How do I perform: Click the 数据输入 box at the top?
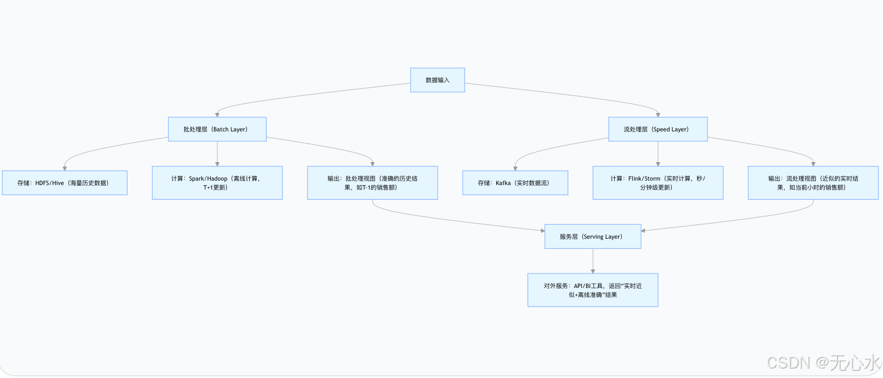[x=438, y=80]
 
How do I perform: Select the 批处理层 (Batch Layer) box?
[x=217, y=129]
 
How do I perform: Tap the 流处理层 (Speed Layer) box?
[x=657, y=129]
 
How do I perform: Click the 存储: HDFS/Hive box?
[x=65, y=183]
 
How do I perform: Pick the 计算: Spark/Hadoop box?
[x=217, y=183]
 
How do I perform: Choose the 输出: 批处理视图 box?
[x=372, y=183]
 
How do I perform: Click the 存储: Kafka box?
[x=515, y=183]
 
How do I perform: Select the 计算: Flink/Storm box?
[x=658, y=183]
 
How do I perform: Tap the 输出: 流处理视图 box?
[x=813, y=183]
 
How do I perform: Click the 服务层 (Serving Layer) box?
[x=592, y=237]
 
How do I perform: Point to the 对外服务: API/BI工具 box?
[x=592, y=290]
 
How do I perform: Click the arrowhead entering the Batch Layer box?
[x=217, y=114]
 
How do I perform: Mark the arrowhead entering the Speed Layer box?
[x=658, y=114]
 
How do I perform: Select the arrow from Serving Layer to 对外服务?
[x=593, y=261]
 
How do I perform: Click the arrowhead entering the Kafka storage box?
[x=515, y=168]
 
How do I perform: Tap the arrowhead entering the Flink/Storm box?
[x=658, y=163]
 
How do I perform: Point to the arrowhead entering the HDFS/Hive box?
[x=65, y=168]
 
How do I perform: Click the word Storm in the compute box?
[x=652, y=179]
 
